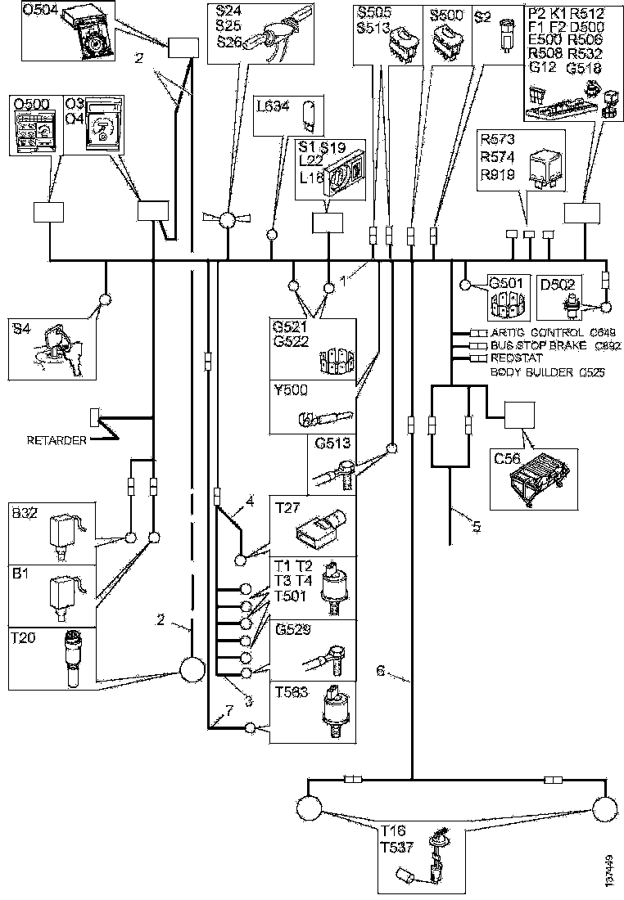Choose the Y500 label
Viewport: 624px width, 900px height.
coord(289,390)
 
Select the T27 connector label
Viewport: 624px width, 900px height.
coord(285,506)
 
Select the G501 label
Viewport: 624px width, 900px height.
coord(505,283)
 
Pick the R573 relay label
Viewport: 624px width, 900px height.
coord(497,140)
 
